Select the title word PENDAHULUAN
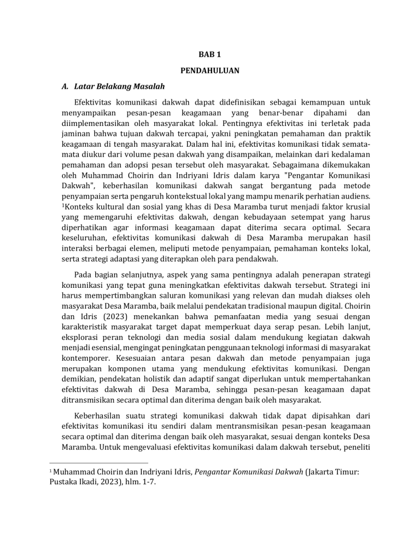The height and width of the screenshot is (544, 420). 210,71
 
